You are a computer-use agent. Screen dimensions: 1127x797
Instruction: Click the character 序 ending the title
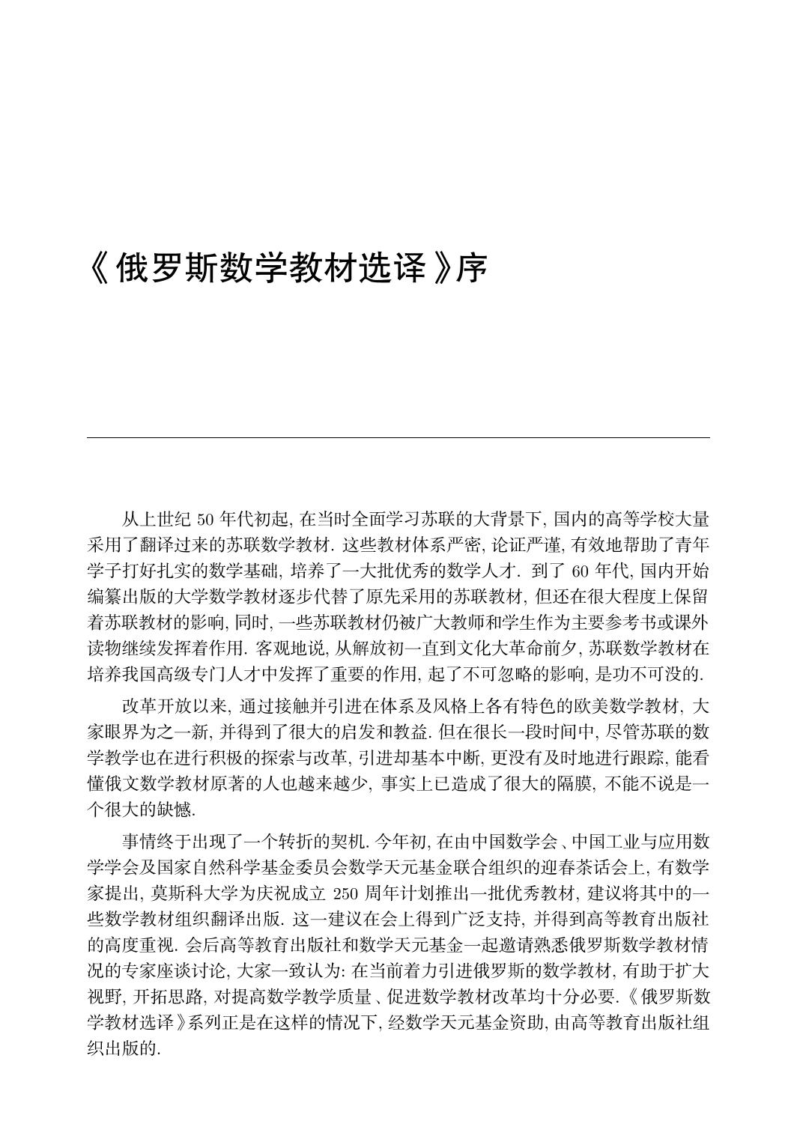coord(471,268)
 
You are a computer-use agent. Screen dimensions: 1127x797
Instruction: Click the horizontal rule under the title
coord(398,437)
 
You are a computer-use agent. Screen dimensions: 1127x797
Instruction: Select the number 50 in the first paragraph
coord(204,519)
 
